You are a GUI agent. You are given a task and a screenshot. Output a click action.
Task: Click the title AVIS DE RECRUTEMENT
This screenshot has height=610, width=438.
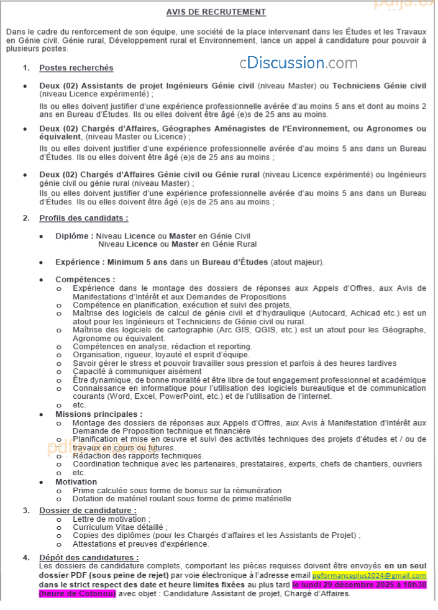[x=216, y=12]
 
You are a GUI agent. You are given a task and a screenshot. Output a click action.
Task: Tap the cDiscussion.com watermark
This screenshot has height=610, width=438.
[x=299, y=63]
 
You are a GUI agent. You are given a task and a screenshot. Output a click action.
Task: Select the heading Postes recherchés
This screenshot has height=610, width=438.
[x=76, y=68]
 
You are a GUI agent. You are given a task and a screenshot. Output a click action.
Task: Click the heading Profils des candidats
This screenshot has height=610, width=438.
[x=84, y=218]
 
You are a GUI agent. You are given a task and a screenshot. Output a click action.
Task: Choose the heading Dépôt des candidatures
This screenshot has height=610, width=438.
[x=89, y=557]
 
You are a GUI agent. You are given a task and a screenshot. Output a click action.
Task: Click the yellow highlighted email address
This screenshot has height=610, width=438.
[x=369, y=576]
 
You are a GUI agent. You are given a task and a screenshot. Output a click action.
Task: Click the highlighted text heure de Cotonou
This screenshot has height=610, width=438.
[x=78, y=593]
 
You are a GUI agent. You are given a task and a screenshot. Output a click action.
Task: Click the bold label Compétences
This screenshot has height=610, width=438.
[x=85, y=280]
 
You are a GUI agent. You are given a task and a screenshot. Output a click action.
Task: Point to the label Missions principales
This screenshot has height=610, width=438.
[x=99, y=414]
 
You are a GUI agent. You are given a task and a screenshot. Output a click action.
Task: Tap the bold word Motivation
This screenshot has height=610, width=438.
[x=76, y=481]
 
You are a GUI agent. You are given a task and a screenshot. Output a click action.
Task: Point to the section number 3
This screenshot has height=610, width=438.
[x=26, y=510]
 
